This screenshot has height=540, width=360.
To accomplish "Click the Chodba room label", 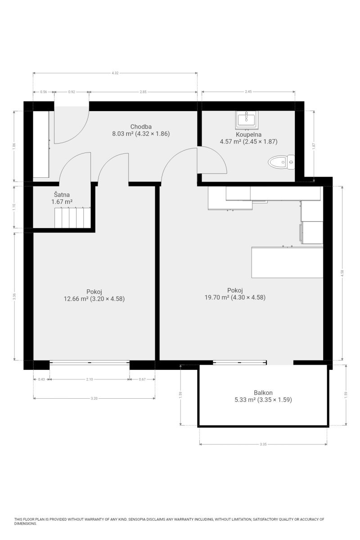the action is pyautogui.click(x=141, y=126).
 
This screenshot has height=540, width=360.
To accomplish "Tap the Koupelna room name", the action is pyautogui.click(x=248, y=135).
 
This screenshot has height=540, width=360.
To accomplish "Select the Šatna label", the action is pyautogui.click(x=62, y=194).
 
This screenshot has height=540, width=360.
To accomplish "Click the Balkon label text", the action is pyautogui.click(x=263, y=393).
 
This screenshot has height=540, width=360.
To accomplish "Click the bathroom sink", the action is pyautogui.click(x=247, y=119).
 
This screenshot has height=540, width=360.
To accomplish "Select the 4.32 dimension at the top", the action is pyautogui.click(x=115, y=73).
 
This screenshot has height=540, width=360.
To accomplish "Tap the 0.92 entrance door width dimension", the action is pyautogui.click(x=72, y=92).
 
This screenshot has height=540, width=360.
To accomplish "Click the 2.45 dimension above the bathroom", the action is pyautogui.click(x=248, y=92).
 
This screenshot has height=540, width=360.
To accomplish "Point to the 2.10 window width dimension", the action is pyautogui.click(x=90, y=379).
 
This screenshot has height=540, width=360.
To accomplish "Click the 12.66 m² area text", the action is pyautogui.click(x=76, y=299).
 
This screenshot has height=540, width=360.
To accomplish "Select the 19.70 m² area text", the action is pyautogui.click(x=217, y=297).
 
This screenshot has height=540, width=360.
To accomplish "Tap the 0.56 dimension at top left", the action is pyautogui.click(x=44, y=92).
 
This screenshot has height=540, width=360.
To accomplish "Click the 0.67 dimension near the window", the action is pyautogui.click(x=142, y=379).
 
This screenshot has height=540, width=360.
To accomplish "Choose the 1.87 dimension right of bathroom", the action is pyautogui.click(x=314, y=146).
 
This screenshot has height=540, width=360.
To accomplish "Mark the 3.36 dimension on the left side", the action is pyautogui.click(x=15, y=297).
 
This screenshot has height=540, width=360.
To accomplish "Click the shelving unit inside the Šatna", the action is pyautogui.click(x=72, y=217).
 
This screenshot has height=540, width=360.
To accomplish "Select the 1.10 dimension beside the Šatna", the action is pyautogui.click(x=14, y=207).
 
